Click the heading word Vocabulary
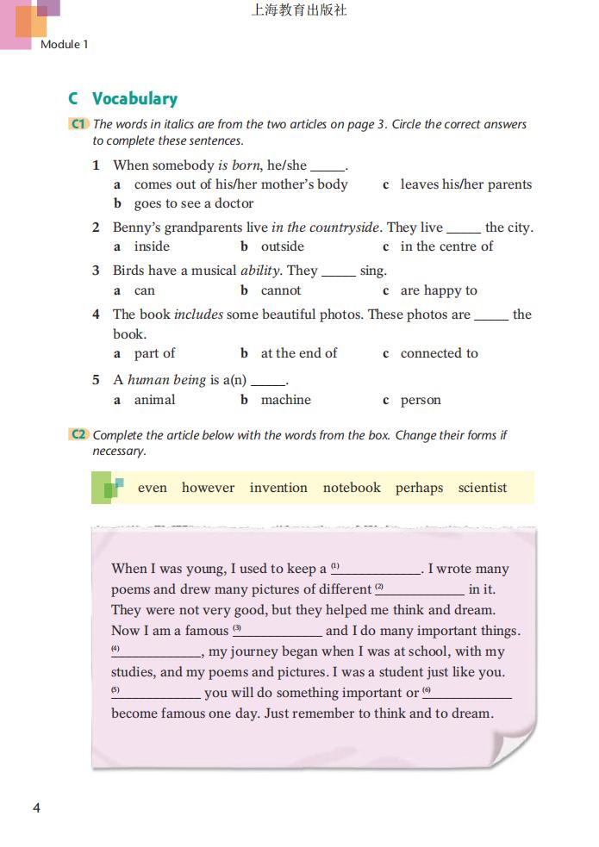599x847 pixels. (x=134, y=99)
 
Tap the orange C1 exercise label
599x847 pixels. (x=78, y=124)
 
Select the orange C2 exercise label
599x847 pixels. (x=78, y=435)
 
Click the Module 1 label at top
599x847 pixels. (x=64, y=44)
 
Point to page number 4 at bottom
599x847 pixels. (x=36, y=807)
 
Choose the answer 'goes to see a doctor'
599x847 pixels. (x=193, y=203)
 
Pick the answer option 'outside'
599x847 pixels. (x=282, y=246)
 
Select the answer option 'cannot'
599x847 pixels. (x=281, y=290)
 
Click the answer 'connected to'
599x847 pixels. (x=439, y=353)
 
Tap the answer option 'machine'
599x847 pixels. (x=285, y=400)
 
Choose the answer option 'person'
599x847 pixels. (x=421, y=400)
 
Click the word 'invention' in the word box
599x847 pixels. (x=278, y=488)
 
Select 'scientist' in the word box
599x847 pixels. (x=483, y=488)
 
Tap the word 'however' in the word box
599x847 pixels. (x=208, y=488)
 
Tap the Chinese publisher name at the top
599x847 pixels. (x=299, y=11)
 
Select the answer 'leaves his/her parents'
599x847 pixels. (x=465, y=184)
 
